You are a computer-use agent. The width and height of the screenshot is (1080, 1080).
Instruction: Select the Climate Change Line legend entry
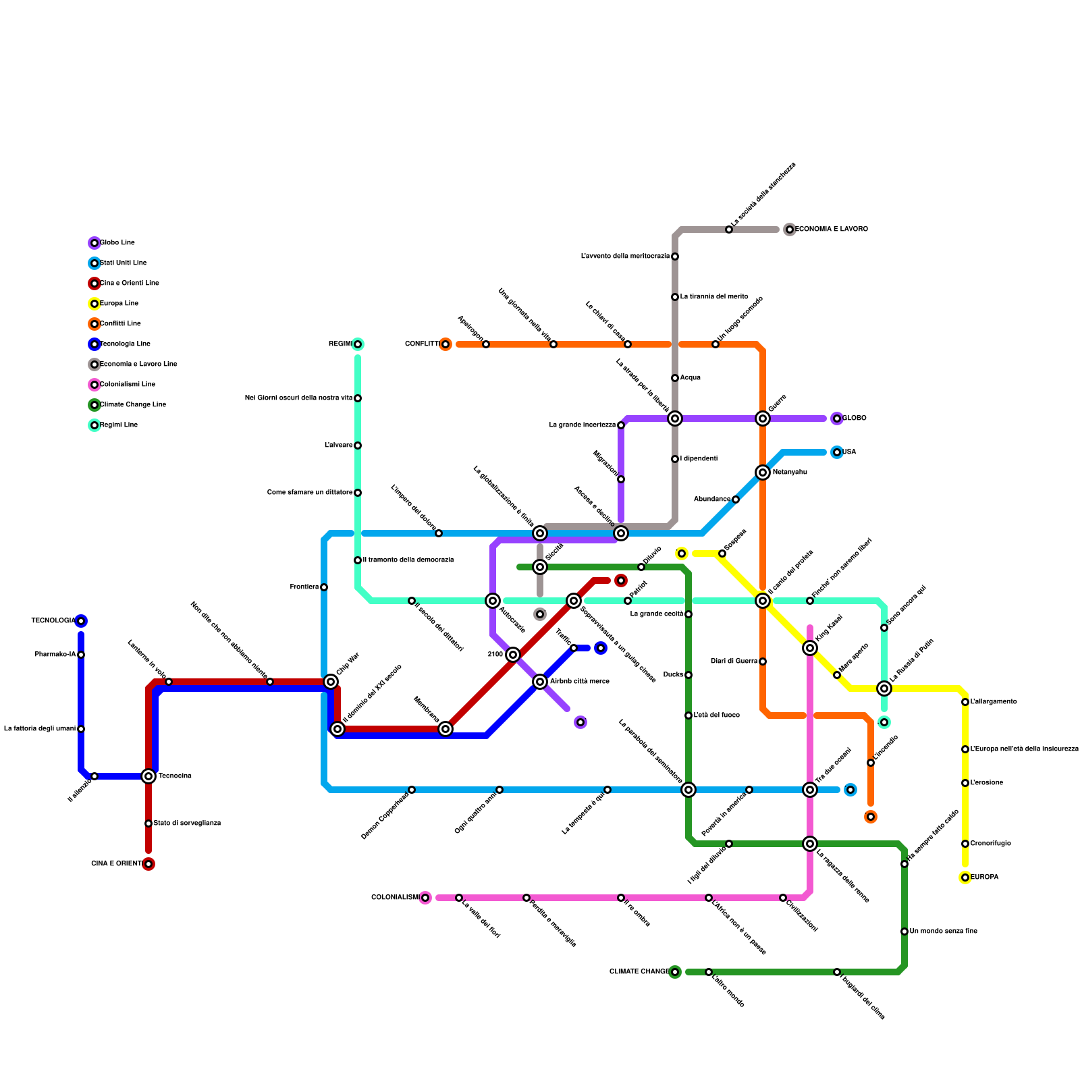pyautogui.click(x=132, y=405)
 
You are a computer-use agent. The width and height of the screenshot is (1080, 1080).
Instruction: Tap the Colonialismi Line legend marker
pyautogui.click(x=94, y=385)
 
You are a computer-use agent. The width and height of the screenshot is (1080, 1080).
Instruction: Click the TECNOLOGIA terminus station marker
pyautogui.click(x=81, y=621)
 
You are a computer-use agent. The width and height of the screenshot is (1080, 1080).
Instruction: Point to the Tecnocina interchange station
pyautogui.click(x=148, y=776)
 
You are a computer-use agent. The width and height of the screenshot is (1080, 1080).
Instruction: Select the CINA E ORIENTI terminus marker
pyautogui.click(x=148, y=864)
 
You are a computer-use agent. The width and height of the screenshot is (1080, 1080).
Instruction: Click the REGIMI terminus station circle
pyautogui.click(x=358, y=344)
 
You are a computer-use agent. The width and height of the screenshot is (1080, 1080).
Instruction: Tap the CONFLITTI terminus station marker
pyautogui.click(x=446, y=344)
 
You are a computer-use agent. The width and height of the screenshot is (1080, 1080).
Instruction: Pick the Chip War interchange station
pyautogui.click(x=331, y=682)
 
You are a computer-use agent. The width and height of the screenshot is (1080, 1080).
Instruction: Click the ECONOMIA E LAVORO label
pyautogui.click(x=832, y=230)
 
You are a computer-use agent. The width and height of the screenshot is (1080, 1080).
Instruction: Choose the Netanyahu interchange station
pyautogui.click(x=763, y=473)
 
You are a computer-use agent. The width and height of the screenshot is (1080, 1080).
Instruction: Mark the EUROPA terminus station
pyautogui.click(x=965, y=878)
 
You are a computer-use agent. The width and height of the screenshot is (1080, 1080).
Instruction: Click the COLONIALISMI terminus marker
pyautogui.click(x=425, y=898)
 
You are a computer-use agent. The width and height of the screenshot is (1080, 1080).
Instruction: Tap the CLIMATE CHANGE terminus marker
pyautogui.click(x=675, y=972)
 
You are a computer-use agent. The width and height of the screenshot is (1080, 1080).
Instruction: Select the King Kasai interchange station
pyautogui.click(x=810, y=648)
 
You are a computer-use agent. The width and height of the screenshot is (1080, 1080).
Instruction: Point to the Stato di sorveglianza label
pyautogui.click(x=187, y=823)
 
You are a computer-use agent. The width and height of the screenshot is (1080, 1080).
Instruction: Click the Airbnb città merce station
pyautogui.click(x=540, y=682)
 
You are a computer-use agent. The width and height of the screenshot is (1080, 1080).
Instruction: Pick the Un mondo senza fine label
pyautogui.click(x=943, y=932)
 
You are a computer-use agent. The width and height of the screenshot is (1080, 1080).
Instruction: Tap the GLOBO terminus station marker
pyautogui.click(x=837, y=418)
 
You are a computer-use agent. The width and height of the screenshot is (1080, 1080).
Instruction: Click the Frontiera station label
pyautogui.click(x=304, y=587)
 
